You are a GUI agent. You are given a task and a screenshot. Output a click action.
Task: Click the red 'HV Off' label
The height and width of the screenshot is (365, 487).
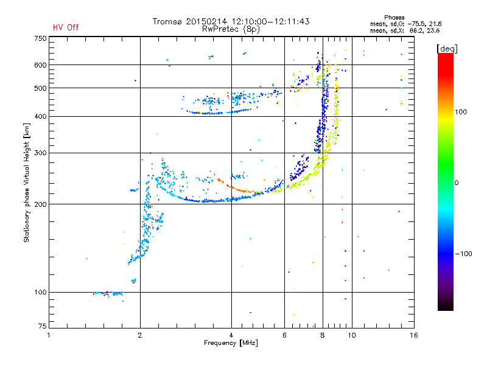[66, 27]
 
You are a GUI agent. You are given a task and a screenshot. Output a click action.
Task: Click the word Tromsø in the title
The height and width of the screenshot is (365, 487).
[167, 21]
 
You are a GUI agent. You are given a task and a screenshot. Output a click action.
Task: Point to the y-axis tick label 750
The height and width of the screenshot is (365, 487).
[40, 38]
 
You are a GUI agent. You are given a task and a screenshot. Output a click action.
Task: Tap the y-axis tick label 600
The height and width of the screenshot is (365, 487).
[40, 64]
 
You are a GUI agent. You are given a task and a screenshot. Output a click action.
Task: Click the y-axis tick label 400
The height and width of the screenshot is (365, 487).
[40, 116]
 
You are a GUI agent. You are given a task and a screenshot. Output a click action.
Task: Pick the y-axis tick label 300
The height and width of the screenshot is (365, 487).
[40, 153]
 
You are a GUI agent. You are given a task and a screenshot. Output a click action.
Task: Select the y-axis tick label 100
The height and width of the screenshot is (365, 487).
[40, 292]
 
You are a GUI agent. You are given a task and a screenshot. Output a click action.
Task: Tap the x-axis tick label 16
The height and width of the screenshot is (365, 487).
[413, 335]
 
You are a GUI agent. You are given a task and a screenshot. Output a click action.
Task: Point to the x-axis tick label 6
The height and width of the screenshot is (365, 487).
[284, 335]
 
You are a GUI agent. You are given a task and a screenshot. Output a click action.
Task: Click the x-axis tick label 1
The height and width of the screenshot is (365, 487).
[49, 335]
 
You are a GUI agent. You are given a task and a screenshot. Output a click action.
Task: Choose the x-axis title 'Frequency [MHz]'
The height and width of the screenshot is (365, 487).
[231, 343]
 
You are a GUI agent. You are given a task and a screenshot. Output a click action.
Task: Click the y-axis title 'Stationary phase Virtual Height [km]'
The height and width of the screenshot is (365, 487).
[27, 183]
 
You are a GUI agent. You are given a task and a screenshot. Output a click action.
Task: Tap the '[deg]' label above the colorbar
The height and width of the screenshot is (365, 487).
[447, 48]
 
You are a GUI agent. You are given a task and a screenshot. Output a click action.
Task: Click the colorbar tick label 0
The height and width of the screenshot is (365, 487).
[455, 182]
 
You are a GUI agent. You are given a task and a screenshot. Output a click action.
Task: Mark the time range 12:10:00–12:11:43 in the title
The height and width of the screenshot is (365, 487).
[267, 21]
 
